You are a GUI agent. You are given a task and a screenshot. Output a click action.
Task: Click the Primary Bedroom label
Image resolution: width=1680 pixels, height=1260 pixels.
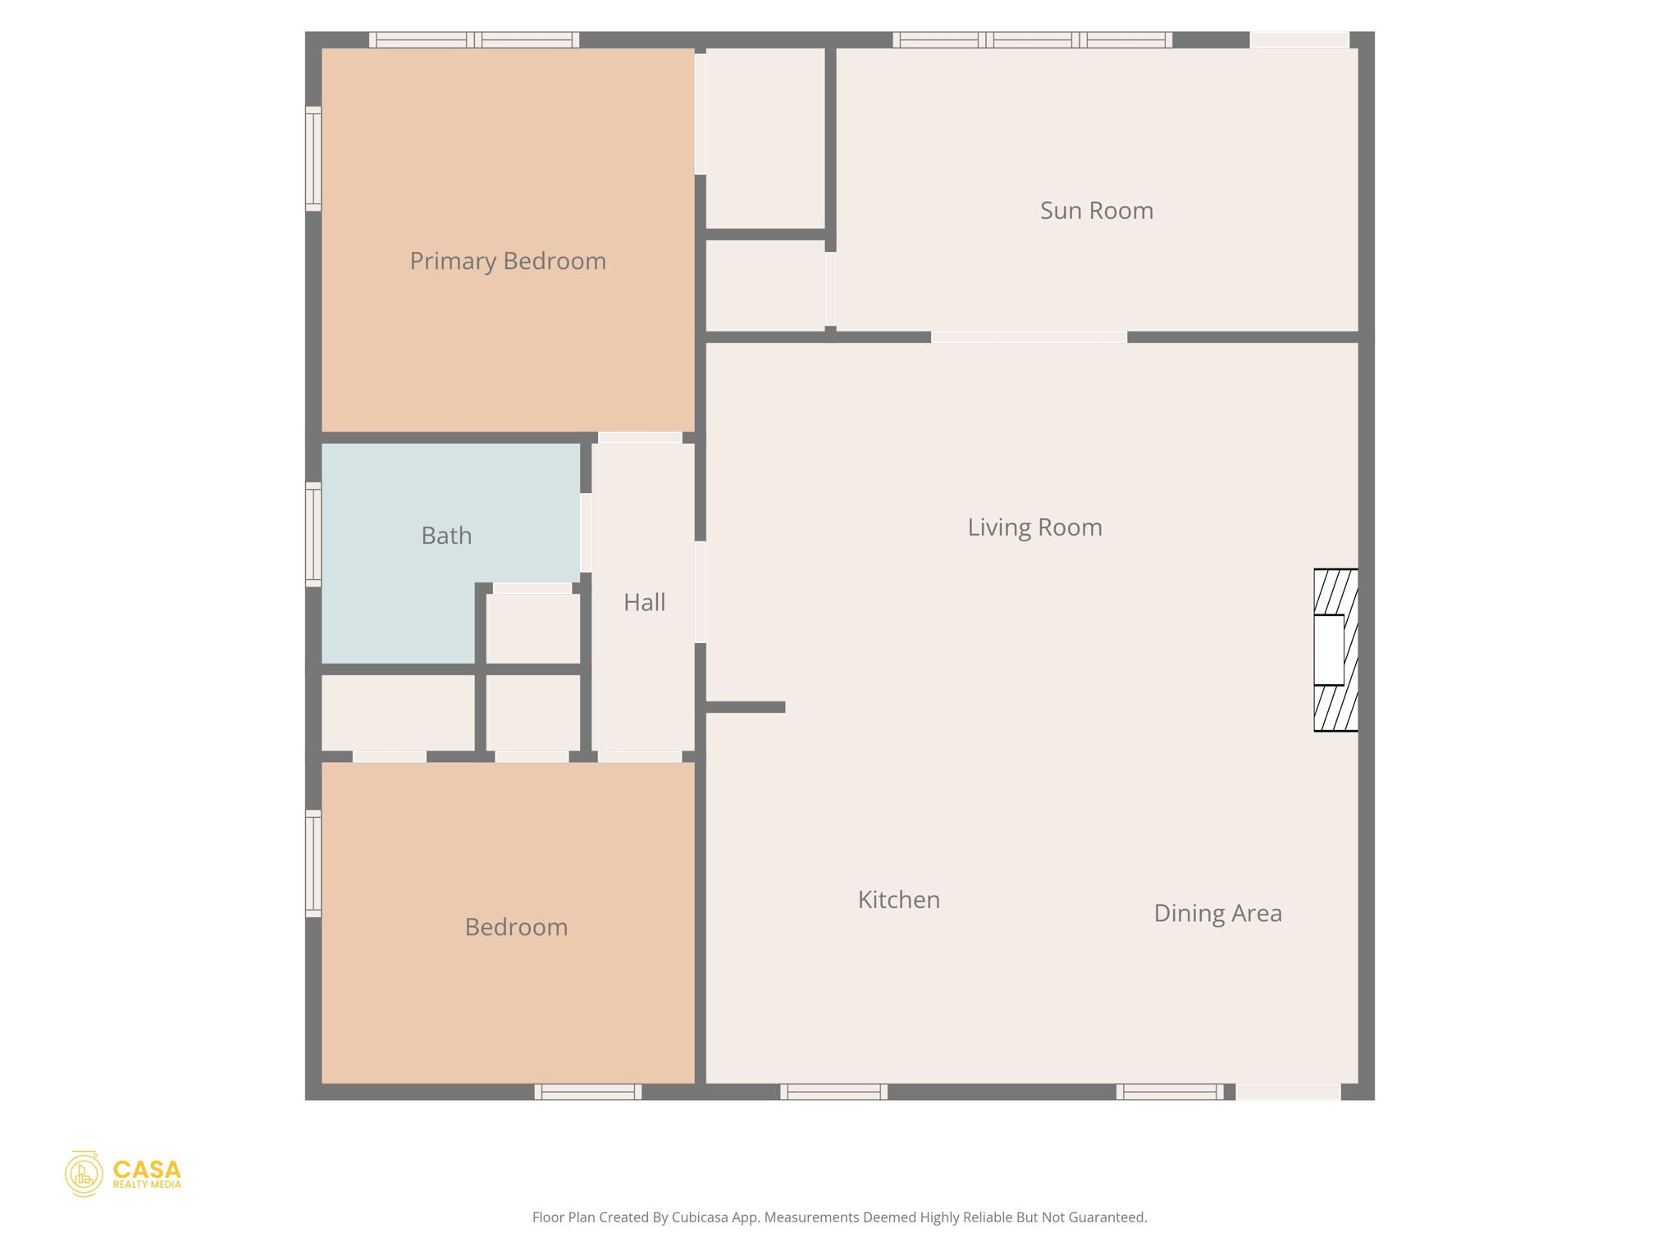508,261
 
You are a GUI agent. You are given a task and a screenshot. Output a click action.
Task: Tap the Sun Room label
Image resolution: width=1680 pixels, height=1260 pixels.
1096,211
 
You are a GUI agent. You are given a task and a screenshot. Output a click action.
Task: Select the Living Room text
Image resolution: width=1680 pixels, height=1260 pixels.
1034,527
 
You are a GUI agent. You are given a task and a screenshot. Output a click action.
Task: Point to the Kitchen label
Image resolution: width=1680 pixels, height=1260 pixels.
898,900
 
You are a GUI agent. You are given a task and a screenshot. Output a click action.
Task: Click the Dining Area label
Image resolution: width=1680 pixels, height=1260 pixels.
1217,913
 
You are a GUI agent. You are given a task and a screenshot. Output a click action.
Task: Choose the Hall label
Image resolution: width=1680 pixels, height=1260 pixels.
644,603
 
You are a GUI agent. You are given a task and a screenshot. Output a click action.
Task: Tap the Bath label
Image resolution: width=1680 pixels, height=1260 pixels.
446,536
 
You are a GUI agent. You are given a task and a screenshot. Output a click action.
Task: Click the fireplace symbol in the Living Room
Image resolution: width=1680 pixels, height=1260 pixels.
1335,650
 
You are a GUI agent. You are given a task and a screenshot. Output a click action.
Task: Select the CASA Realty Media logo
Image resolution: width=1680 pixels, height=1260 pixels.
123,1174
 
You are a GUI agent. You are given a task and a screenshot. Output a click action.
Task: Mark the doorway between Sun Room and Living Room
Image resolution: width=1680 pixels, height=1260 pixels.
1029,337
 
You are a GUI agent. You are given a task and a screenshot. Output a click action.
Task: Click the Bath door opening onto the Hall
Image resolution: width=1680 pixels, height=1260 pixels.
586,533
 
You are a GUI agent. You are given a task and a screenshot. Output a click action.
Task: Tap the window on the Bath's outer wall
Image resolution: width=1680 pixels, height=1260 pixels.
313,535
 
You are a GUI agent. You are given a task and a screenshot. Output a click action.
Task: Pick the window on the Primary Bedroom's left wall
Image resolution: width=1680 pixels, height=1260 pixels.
313,158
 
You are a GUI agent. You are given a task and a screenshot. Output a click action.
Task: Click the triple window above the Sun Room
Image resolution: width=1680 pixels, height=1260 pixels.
1032,39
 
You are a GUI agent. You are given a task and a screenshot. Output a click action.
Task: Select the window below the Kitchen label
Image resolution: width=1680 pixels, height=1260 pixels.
833,1092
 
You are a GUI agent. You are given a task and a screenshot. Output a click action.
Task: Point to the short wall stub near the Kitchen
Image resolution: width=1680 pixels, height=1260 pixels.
745,707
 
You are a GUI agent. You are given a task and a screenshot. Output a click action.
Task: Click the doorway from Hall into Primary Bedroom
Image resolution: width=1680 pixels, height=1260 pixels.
640,437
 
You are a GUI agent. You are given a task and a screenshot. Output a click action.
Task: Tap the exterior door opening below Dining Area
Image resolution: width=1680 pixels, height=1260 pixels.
1288,1092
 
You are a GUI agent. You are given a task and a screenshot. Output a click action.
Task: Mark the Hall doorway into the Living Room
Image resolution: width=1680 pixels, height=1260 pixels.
701,591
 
